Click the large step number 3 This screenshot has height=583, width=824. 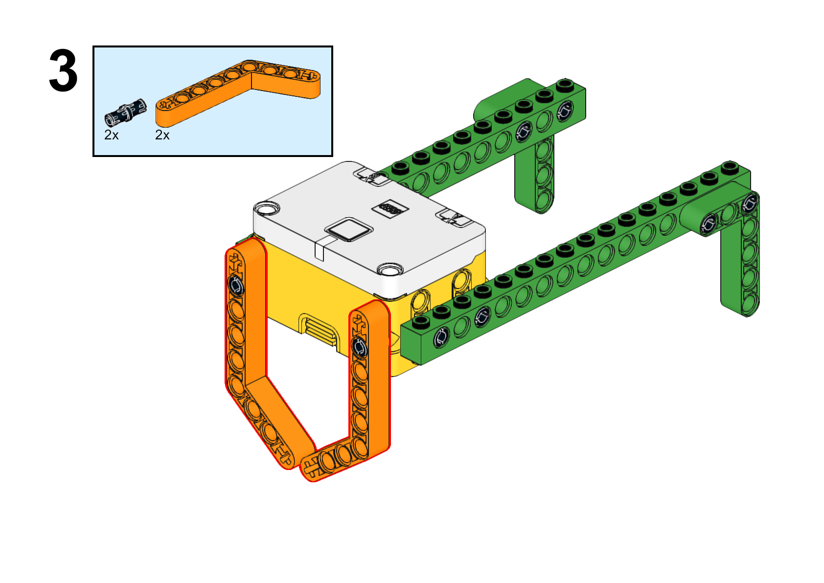pyautogui.click(x=63, y=70)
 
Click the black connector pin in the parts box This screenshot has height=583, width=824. pyautogui.click(x=125, y=112)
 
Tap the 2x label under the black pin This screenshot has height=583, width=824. pyautogui.click(x=112, y=135)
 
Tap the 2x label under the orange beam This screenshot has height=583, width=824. pyautogui.click(x=162, y=135)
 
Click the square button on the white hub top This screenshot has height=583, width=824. pyautogui.click(x=348, y=230)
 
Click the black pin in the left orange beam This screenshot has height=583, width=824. pyautogui.click(x=236, y=285)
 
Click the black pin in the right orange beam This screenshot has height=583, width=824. pyautogui.click(x=360, y=347)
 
